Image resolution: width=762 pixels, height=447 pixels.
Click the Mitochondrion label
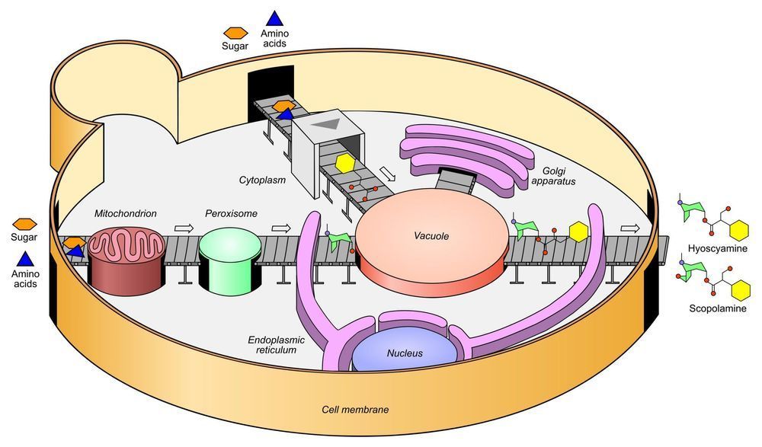tap(126, 214)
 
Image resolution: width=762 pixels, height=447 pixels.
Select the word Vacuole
tap(433, 237)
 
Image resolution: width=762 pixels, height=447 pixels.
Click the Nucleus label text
tap(405, 353)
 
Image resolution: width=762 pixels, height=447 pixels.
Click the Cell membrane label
tap(355, 410)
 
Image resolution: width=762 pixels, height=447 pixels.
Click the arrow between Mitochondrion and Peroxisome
tap(184, 227)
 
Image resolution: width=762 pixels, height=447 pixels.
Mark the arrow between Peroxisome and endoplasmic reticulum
tap(282, 227)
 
